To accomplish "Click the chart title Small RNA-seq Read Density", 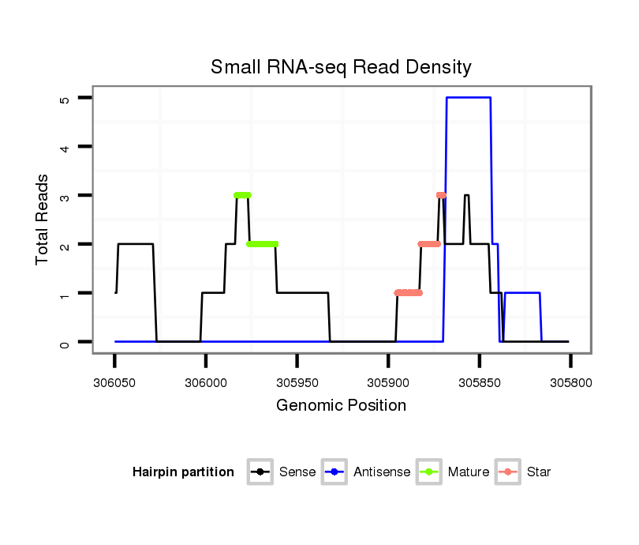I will [x=341, y=67].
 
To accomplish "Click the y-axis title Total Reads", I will [x=43, y=220].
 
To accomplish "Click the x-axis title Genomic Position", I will [x=341, y=406].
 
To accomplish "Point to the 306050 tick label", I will [x=114, y=381].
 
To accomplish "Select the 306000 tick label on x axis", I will [x=205, y=381].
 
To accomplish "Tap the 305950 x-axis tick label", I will [x=297, y=381].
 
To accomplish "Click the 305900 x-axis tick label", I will [x=387, y=381].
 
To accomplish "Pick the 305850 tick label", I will [x=479, y=381].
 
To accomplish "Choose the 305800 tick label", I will [x=570, y=381].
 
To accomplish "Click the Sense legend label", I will [x=297, y=472].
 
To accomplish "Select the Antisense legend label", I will [x=382, y=472].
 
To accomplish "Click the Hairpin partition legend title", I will [x=183, y=472].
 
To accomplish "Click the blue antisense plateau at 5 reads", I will [x=469, y=98].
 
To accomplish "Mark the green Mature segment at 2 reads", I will [x=263, y=244].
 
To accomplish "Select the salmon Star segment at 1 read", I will [x=409, y=293].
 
